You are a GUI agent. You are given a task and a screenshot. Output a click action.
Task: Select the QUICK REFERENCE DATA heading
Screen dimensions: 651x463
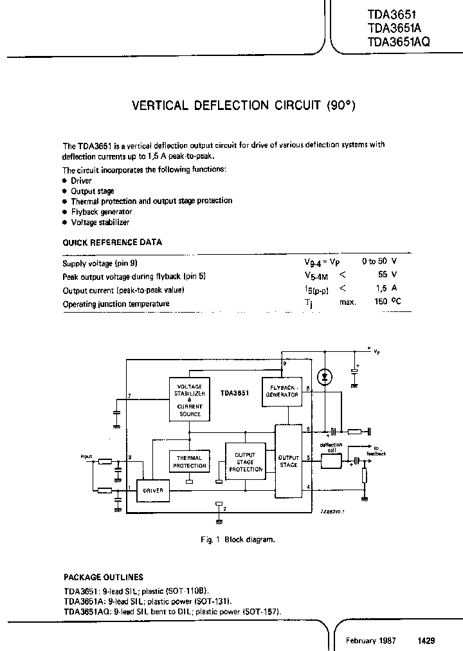click(x=112, y=243)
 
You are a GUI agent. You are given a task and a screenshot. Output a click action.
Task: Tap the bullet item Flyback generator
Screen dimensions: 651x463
click(x=101, y=212)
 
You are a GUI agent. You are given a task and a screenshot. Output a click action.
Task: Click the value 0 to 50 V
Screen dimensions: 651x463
click(x=379, y=263)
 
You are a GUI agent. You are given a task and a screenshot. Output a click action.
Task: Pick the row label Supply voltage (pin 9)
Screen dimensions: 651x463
click(x=100, y=264)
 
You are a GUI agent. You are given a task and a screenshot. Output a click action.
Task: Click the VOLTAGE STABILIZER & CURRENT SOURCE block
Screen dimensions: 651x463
click(x=189, y=399)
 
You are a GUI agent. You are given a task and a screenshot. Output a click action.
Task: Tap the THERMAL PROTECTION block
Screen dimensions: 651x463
click(x=190, y=461)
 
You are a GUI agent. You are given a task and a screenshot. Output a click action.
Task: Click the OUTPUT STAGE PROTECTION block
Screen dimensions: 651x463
click(x=246, y=462)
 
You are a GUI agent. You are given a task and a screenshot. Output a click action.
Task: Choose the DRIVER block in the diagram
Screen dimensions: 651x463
click(x=153, y=490)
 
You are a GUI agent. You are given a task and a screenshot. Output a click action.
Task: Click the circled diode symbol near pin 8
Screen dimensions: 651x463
click(x=324, y=377)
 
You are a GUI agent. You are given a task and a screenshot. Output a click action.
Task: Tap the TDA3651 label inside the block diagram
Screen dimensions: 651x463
click(x=235, y=391)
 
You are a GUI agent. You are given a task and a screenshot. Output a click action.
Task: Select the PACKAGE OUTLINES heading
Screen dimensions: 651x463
click(x=103, y=577)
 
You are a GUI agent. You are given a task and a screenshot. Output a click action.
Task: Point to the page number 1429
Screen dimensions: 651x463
click(x=426, y=641)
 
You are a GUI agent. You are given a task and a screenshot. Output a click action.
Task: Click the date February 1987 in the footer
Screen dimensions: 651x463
click(x=371, y=641)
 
